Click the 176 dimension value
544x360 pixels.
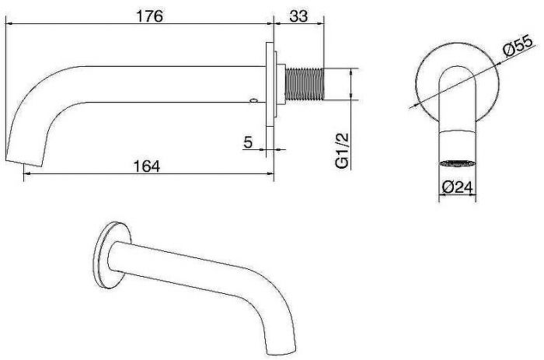(x=149, y=16)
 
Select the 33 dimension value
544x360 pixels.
(x=298, y=16)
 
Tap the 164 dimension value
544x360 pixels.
(x=147, y=166)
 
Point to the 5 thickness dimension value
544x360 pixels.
(x=248, y=142)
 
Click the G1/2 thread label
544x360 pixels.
(x=342, y=150)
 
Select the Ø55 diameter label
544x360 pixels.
(x=518, y=45)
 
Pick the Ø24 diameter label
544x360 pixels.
(x=458, y=187)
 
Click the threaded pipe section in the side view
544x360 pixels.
(x=305, y=84)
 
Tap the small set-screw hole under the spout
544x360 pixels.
(x=254, y=101)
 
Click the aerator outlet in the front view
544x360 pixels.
(x=457, y=163)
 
